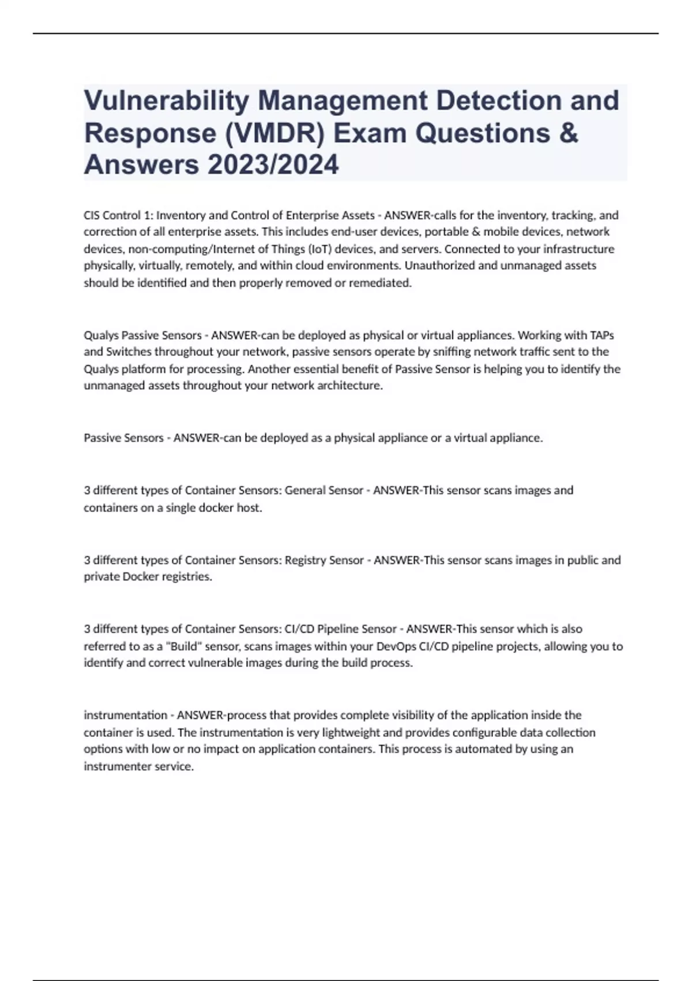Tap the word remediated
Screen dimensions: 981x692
click(381, 283)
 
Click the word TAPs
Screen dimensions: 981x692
click(601, 335)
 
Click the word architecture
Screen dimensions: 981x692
click(349, 386)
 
